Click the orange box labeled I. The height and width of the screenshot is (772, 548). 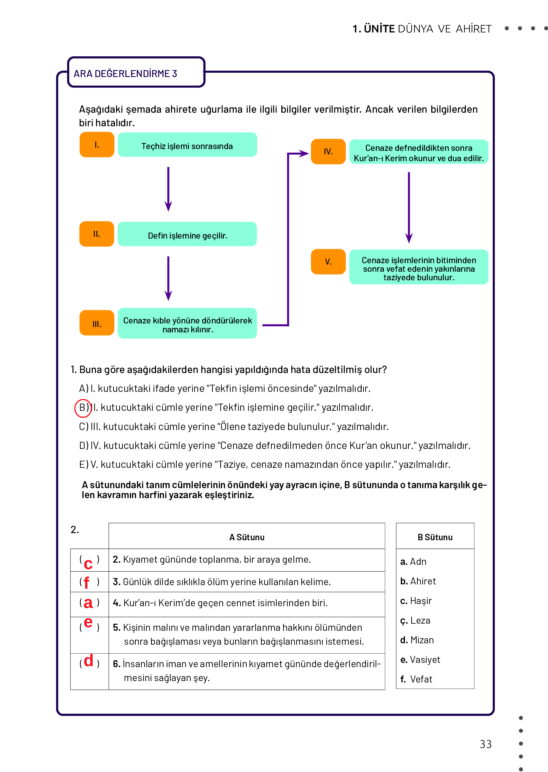97,145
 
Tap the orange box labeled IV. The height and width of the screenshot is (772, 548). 328,152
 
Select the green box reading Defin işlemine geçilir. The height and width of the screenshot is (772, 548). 187,234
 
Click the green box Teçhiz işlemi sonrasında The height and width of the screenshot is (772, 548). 187,145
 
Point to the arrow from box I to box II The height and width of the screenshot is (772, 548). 169,189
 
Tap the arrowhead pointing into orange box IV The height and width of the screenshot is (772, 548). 304,154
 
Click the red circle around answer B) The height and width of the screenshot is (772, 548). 83,408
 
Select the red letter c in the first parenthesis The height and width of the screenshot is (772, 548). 88,563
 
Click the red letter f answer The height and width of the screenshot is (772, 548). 86,583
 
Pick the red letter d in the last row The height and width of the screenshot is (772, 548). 89,661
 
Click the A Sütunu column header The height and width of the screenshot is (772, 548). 247,537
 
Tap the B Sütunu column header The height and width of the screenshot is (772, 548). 435,537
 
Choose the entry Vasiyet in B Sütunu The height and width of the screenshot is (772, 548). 425,660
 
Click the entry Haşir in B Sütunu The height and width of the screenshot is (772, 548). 421,601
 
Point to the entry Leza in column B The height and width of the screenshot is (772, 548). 420,620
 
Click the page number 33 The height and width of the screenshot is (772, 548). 486,744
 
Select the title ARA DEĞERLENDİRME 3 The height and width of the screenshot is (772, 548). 125,74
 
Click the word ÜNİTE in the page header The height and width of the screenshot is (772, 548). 379,29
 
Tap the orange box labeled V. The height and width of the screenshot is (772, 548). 328,262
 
